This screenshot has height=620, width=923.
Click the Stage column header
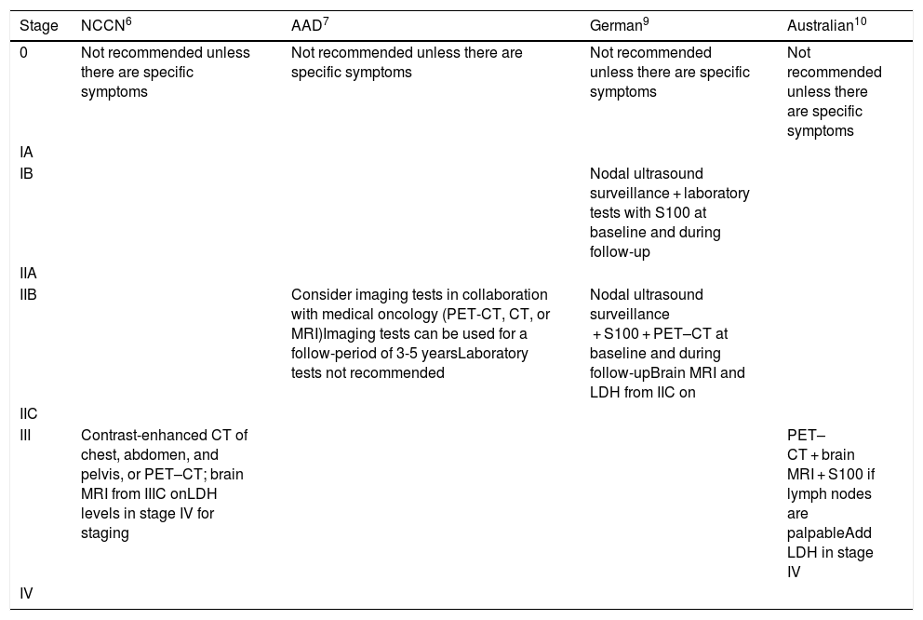click(x=38, y=25)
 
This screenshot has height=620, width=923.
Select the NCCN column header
click(x=110, y=25)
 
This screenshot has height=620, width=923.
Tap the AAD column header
click(x=308, y=25)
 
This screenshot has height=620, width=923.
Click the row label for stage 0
click(x=24, y=53)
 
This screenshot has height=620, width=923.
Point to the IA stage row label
click(x=26, y=152)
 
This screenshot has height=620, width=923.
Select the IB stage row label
click(x=26, y=174)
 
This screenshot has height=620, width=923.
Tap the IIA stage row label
click(x=28, y=273)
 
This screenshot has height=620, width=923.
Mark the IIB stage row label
click(x=28, y=295)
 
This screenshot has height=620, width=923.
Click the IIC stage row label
click(x=28, y=412)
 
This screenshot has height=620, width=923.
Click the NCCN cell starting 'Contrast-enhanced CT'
click(x=163, y=484)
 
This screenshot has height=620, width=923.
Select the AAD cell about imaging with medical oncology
click(x=421, y=333)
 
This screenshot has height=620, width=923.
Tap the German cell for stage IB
click(x=670, y=212)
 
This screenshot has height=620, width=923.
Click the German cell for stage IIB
click(x=668, y=343)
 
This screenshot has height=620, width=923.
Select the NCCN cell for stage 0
click(x=166, y=73)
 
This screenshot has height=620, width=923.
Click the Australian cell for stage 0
click(x=834, y=91)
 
